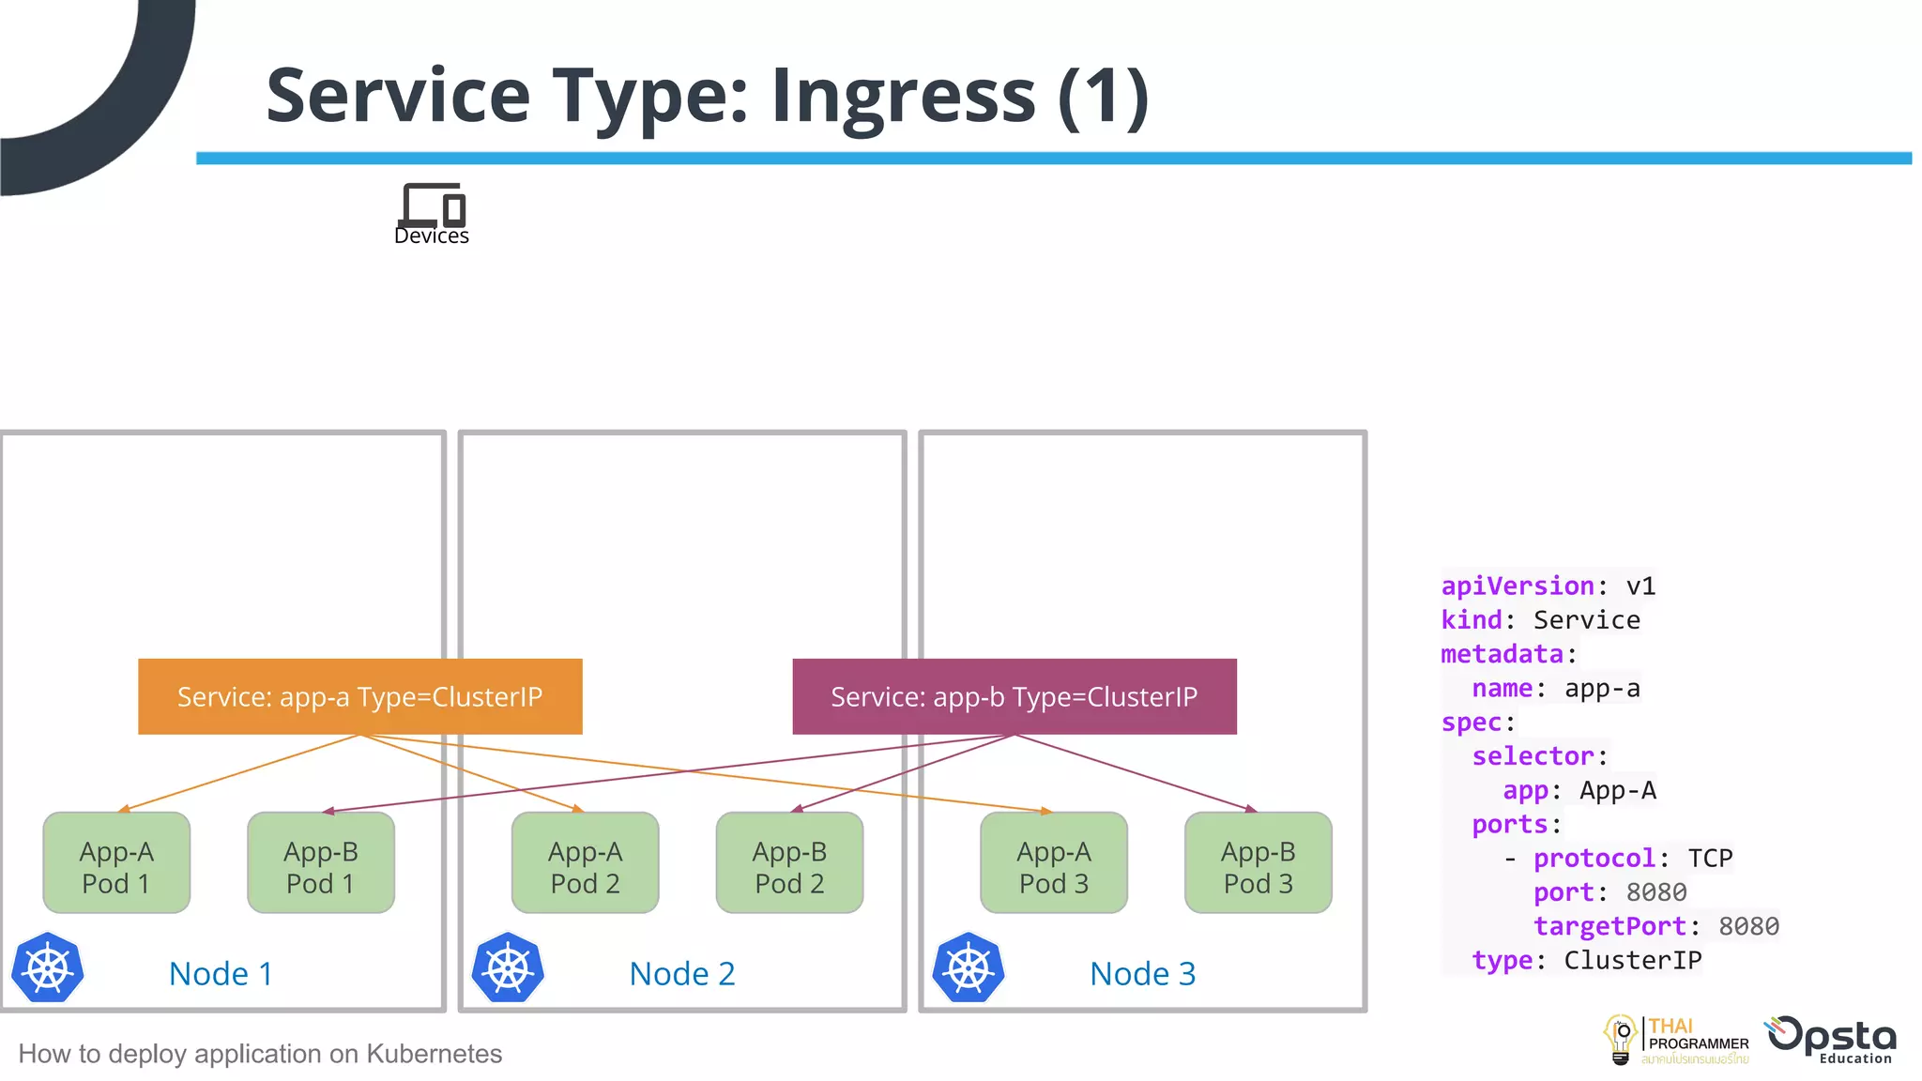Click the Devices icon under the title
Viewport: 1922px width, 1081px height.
pyautogui.click(x=432, y=205)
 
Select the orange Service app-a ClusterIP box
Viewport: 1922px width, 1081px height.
pyautogui.click(x=359, y=696)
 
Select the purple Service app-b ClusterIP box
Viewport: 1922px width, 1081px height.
pyautogui.click(x=1014, y=696)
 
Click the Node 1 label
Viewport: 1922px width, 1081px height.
pyautogui.click(x=221, y=974)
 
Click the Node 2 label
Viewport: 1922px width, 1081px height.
pyautogui.click(x=682, y=974)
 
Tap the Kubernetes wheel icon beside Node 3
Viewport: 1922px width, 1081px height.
pyautogui.click(x=969, y=968)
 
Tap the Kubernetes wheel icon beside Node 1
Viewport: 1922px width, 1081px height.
pyautogui.click(x=48, y=968)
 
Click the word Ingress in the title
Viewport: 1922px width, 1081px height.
pyautogui.click(x=903, y=96)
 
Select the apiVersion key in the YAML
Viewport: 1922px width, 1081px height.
pyautogui.click(x=1518, y=586)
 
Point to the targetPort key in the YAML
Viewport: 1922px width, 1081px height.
pyautogui.click(x=1609, y=927)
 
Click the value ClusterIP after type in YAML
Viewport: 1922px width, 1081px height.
pyautogui.click(x=1632, y=961)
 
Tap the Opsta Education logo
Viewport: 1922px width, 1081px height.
pyautogui.click(x=1832, y=1040)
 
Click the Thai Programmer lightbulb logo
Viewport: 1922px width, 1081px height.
pyautogui.click(x=1621, y=1040)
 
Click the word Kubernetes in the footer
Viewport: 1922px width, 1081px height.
pyautogui.click(x=434, y=1054)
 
